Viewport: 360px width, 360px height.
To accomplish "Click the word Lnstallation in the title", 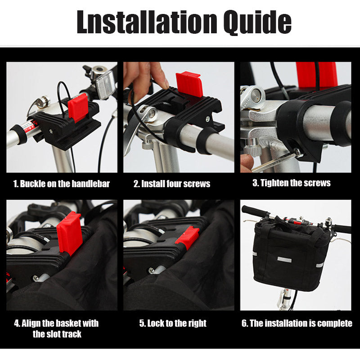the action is (x=147, y=22).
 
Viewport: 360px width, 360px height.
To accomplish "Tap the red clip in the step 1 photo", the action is (x=77, y=107).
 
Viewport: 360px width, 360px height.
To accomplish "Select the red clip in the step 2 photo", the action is (x=189, y=84).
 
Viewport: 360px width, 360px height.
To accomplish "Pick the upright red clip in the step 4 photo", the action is (x=69, y=233).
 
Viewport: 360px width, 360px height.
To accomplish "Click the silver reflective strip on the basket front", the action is (x=284, y=260).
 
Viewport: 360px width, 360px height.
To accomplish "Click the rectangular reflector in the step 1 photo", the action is (x=105, y=84).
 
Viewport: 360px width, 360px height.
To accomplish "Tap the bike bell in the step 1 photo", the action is (x=98, y=71).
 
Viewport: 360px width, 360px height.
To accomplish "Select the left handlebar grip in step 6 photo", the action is (x=254, y=211).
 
